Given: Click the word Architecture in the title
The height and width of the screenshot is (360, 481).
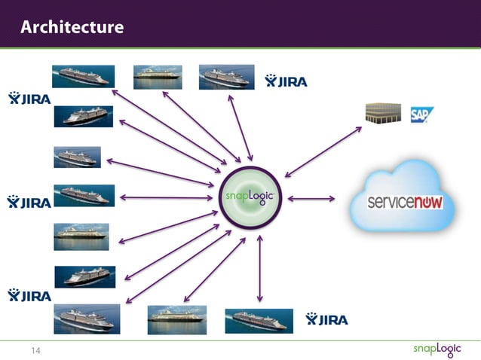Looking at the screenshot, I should pyautogui.click(x=72, y=28).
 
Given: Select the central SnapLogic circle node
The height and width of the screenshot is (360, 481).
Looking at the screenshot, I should pyautogui.click(x=250, y=198).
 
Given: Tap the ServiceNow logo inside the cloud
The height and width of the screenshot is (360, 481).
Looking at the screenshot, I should pyautogui.click(x=405, y=203).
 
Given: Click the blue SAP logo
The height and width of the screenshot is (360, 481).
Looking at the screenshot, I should pyautogui.click(x=421, y=114).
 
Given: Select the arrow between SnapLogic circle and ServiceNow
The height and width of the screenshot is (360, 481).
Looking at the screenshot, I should pyautogui.click(x=311, y=199).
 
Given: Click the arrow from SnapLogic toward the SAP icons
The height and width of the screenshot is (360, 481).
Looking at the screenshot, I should pyautogui.click(x=323, y=151).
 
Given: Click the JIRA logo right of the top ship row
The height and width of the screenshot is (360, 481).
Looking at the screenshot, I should pyautogui.click(x=286, y=81).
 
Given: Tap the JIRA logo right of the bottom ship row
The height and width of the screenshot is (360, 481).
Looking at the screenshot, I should pyautogui.click(x=326, y=320).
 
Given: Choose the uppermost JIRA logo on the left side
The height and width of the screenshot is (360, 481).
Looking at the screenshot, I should pyautogui.click(x=29, y=98).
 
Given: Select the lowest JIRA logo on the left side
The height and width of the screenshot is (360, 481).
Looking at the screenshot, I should pyautogui.click(x=29, y=295).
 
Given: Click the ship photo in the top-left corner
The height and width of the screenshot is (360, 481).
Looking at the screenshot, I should pyautogui.click(x=83, y=76).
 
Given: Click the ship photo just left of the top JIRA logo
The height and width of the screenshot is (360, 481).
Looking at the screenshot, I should pyautogui.click(x=225, y=77).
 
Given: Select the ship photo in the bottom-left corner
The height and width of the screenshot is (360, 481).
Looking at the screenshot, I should pyautogui.click(x=87, y=319).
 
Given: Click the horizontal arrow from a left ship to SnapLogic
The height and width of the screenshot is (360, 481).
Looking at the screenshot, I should pyautogui.click(x=166, y=198).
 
